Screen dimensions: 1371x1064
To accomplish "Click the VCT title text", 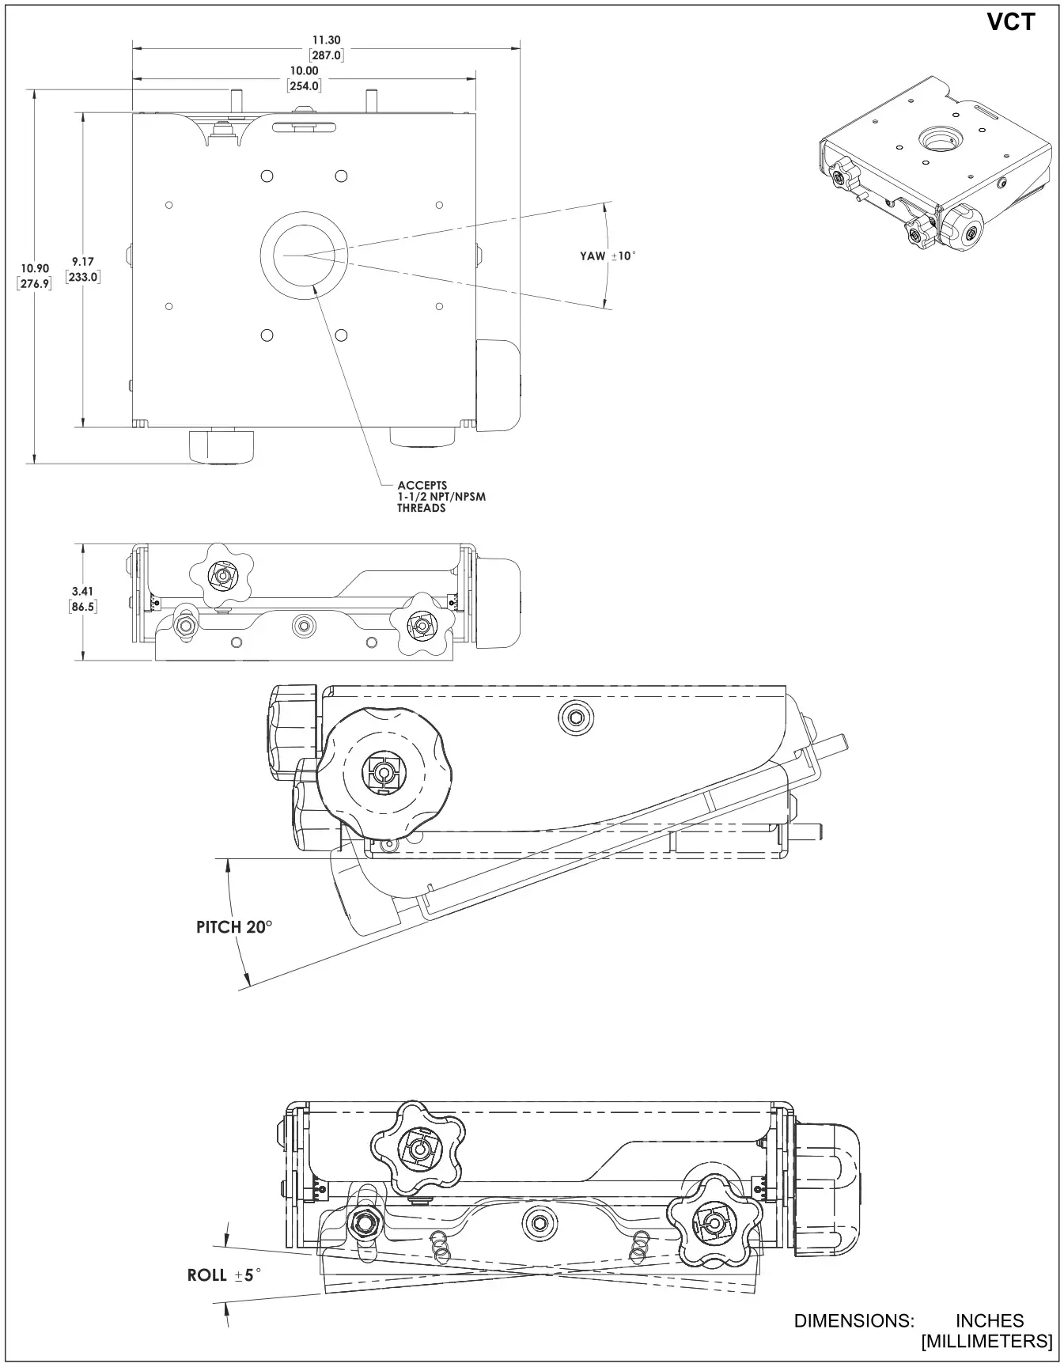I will (x=1010, y=22).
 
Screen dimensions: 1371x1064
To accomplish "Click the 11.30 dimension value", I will (x=325, y=40).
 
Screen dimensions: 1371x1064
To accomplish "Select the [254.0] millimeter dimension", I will (x=304, y=85).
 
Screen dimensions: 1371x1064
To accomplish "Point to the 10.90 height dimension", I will (x=35, y=269).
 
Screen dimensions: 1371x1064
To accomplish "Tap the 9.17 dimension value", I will (x=82, y=262).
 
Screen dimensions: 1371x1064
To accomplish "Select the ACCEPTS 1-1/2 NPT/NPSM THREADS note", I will (x=441, y=497).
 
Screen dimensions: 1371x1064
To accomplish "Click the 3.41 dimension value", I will (x=82, y=591).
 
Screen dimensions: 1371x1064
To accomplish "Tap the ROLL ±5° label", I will (x=224, y=1274).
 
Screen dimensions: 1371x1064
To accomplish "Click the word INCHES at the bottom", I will (x=990, y=1320).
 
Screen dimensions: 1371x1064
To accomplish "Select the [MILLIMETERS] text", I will (x=986, y=1341).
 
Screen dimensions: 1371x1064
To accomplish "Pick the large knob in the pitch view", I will (x=383, y=772).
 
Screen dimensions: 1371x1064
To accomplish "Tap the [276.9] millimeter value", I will (x=35, y=283).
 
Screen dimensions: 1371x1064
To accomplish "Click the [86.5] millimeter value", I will (x=82, y=606).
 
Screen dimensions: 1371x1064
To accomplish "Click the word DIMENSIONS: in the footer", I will (x=854, y=1320).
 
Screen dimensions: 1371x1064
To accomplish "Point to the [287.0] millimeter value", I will (x=325, y=55).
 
